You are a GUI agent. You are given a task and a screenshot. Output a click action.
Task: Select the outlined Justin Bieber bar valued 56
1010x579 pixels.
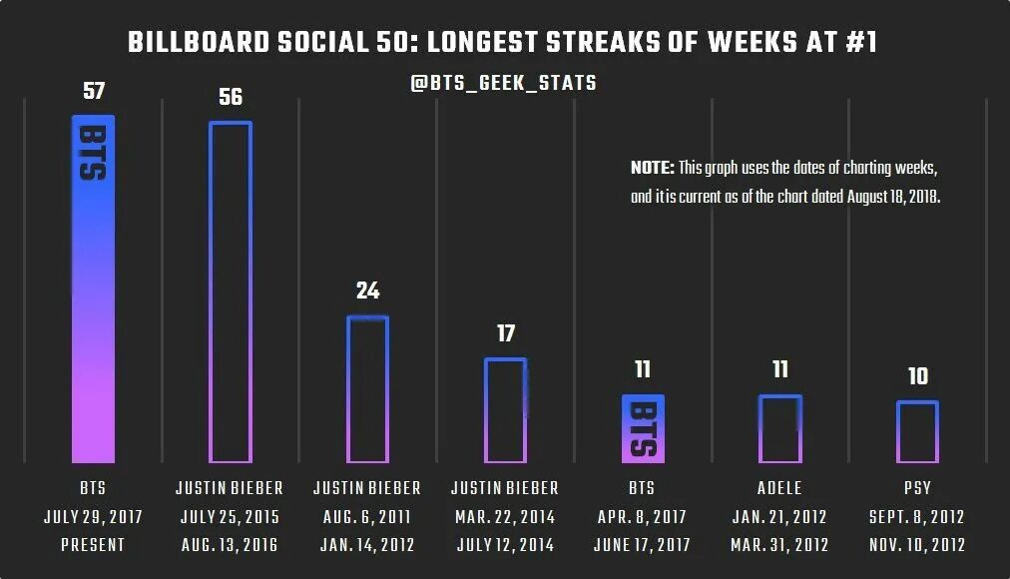[x=230, y=291]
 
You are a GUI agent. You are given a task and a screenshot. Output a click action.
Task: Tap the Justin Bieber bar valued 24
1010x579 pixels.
[x=367, y=389]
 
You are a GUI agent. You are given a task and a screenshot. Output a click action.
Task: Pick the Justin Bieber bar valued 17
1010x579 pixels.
[x=505, y=409]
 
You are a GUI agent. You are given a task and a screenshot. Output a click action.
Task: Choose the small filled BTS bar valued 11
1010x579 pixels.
[x=643, y=428]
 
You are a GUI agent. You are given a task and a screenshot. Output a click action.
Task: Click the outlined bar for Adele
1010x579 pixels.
[x=780, y=429]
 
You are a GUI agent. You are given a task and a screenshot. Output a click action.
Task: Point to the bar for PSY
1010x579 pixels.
[x=917, y=431]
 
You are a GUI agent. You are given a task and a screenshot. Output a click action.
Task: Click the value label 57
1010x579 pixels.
[x=93, y=92]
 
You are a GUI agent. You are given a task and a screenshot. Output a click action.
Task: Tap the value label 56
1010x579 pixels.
[x=231, y=98]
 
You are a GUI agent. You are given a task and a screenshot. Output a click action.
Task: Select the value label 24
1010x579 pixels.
[x=367, y=291]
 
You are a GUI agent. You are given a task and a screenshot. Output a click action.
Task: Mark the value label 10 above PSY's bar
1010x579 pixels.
[x=917, y=376]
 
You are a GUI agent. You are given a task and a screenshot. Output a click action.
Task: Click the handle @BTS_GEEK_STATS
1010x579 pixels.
[x=503, y=83]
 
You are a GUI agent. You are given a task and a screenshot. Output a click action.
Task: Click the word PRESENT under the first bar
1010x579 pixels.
[x=93, y=545]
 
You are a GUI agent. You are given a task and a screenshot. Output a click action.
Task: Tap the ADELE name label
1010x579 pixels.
[x=780, y=488]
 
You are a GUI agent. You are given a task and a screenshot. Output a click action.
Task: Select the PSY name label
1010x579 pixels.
[x=917, y=488]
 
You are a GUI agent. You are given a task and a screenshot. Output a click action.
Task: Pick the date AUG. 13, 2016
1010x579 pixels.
[x=230, y=545]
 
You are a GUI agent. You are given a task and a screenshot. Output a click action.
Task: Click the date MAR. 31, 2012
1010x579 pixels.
[x=780, y=545]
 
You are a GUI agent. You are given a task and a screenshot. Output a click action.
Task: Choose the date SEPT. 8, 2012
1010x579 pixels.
[x=917, y=517]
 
